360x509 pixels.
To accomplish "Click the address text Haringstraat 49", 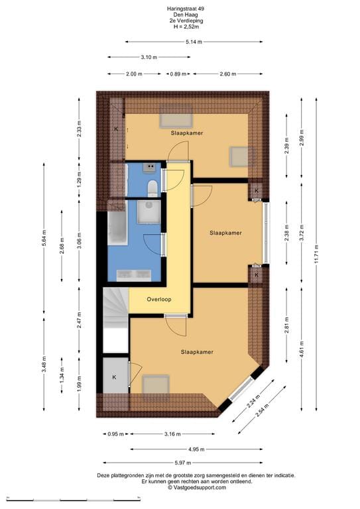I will (x=180, y=9).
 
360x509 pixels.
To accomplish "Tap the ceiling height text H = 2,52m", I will (x=180, y=27).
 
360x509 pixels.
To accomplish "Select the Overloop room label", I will (x=159, y=300).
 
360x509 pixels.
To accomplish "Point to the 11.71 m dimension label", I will (x=318, y=252).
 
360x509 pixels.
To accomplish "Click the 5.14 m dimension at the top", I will (x=194, y=42).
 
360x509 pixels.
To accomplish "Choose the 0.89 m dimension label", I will (x=177, y=74).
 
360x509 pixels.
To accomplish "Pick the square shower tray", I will (x=149, y=212).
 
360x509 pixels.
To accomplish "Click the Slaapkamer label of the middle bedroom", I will (x=225, y=233).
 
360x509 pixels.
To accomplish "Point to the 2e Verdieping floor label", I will (x=180, y=21).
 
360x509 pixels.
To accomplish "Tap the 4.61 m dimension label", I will (x=302, y=348).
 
